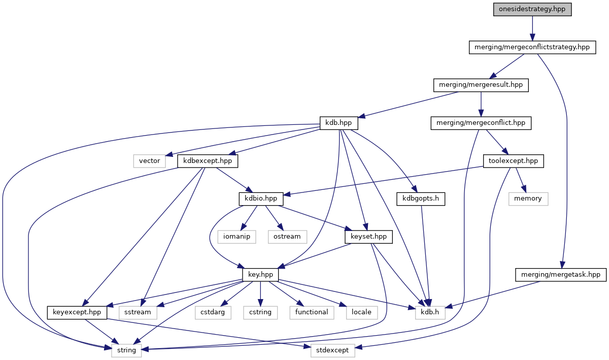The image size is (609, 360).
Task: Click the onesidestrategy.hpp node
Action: pyautogui.click(x=532, y=10)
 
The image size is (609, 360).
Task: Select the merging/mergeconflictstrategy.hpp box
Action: pyautogui.click(x=531, y=47)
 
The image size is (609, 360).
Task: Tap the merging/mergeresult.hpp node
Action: pyautogui.click(x=481, y=85)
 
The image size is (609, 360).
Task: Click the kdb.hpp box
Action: pyautogui.click(x=339, y=123)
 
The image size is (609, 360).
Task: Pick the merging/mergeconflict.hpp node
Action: pyautogui.click(x=481, y=123)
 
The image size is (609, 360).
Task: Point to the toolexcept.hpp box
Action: pyautogui.click(x=513, y=161)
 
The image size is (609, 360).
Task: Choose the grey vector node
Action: pyautogui.click(x=150, y=161)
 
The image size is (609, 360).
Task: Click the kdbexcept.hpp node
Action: pyautogui.click(x=208, y=161)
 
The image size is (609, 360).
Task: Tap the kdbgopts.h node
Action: pyautogui.click(x=421, y=199)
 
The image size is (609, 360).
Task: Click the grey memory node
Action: pyautogui.click(x=528, y=199)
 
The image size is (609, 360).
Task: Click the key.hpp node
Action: pyautogui.click(x=260, y=275)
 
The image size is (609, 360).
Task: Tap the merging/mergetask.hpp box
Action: pyautogui.click(x=560, y=275)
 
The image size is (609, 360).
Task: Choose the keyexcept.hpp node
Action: pyautogui.click(x=77, y=312)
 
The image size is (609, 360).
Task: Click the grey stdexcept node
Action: pyautogui.click(x=333, y=350)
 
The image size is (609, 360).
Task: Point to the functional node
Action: pyautogui.click(x=312, y=312)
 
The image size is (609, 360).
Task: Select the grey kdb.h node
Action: pyautogui.click(x=430, y=312)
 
